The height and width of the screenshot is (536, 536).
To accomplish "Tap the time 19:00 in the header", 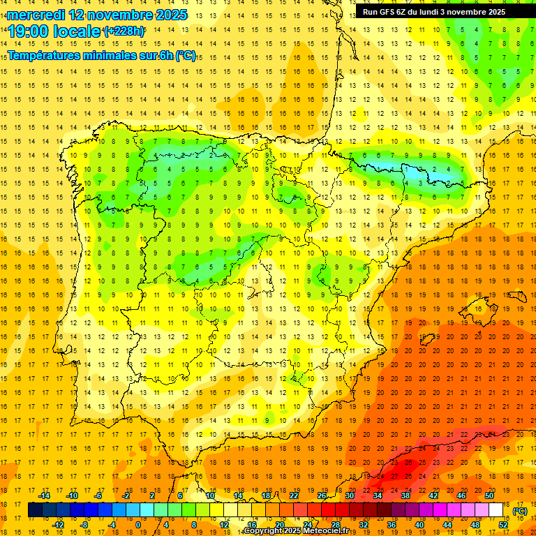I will [x=28, y=31].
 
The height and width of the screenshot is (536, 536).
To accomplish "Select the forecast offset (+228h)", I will [x=124, y=31].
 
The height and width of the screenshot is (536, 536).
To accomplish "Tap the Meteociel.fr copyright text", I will [x=296, y=531].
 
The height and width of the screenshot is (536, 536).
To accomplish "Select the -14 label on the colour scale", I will [x=44, y=496].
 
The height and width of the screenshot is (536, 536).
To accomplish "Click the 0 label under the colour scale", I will [x=138, y=525].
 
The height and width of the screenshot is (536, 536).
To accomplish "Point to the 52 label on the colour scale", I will [x=503, y=525].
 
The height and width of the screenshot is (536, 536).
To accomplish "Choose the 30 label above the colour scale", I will [x=349, y=496].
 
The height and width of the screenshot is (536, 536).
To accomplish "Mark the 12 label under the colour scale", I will [x=224, y=525].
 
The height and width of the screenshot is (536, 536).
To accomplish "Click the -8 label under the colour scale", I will [x=84, y=525].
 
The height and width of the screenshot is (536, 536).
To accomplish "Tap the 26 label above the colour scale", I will [x=322, y=496].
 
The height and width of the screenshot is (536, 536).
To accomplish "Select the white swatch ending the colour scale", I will [x=496, y=510].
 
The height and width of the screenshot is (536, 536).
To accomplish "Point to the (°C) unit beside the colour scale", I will [x=520, y=511].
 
